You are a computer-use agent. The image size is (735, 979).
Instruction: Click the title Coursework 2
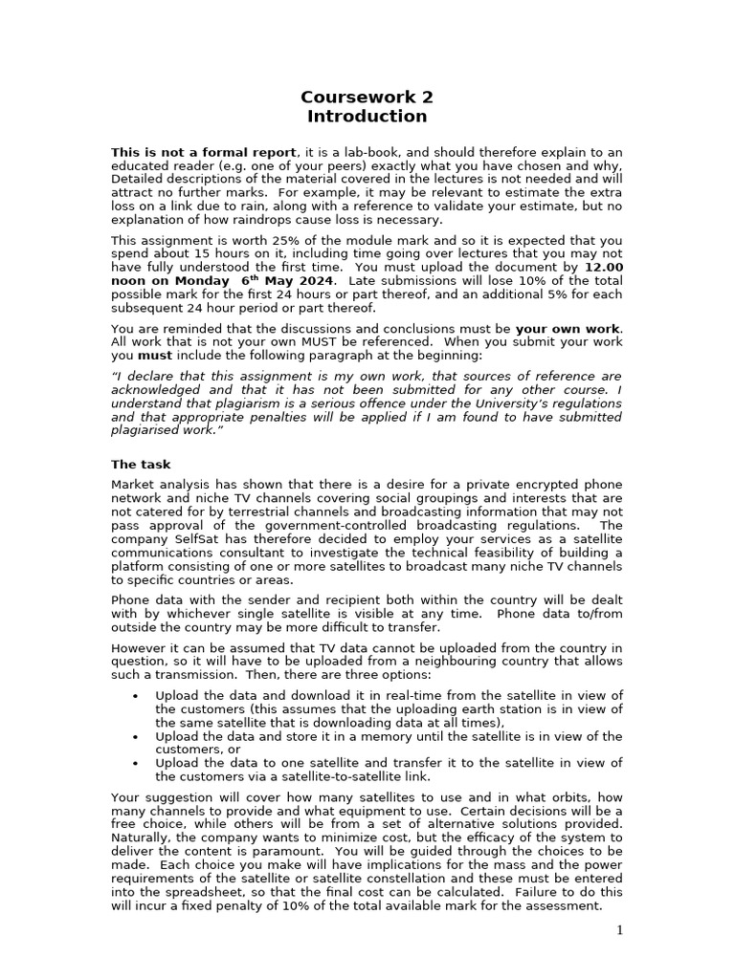click(x=367, y=97)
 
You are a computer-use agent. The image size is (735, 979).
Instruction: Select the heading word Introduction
click(x=367, y=117)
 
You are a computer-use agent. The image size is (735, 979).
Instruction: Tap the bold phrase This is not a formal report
click(x=204, y=152)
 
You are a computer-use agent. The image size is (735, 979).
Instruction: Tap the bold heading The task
click(x=141, y=465)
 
